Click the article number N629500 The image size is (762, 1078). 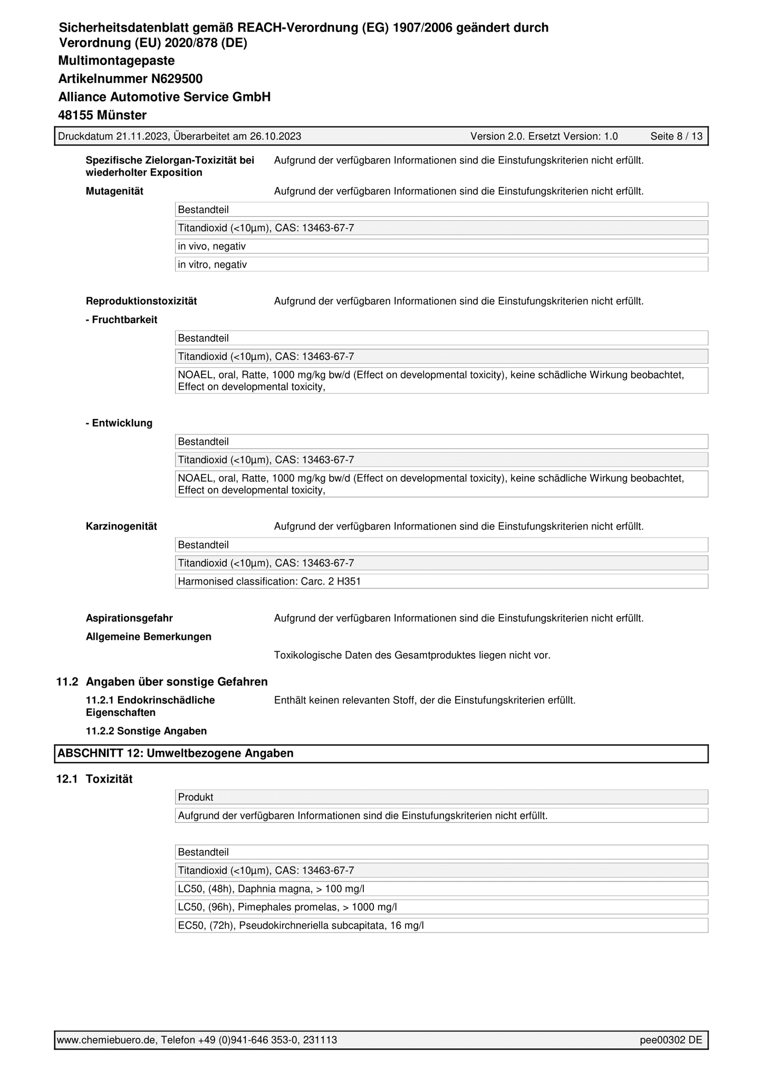[x=177, y=79]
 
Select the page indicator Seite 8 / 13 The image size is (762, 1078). [x=676, y=137]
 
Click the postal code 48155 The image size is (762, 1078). [x=75, y=115]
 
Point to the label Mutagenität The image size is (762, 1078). [x=114, y=191]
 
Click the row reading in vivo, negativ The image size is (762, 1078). [x=211, y=246]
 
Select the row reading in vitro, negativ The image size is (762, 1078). [x=212, y=265]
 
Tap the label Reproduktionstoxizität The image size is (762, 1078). [x=141, y=302]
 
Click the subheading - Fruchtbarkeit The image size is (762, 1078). [x=121, y=320]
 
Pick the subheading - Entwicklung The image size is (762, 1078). [x=119, y=423]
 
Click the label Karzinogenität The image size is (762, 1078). [x=121, y=527]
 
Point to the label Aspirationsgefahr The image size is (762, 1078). [x=129, y=618]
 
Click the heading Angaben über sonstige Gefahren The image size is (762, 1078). [x=177, y=682]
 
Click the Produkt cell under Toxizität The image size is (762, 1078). [x=196, y=797]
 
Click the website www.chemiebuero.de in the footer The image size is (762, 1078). [x=107, y=1040]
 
